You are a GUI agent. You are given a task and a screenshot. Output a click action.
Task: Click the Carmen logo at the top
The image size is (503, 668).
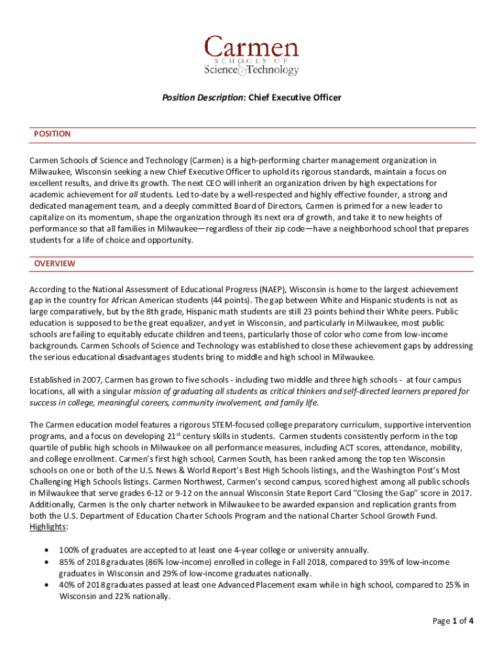252,55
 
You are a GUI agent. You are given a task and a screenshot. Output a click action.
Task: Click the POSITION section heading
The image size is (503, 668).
52,134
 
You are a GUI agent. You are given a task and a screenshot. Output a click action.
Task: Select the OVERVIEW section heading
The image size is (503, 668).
55,264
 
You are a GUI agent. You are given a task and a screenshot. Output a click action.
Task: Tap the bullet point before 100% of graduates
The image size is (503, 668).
46,550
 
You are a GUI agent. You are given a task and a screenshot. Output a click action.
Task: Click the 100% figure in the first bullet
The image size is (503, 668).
69,550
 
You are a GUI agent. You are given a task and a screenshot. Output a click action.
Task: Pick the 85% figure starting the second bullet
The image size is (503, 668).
67,562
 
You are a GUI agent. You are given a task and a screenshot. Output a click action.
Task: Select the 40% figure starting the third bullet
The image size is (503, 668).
67,584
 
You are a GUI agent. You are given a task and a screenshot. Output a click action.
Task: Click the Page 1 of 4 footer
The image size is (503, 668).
453,620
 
